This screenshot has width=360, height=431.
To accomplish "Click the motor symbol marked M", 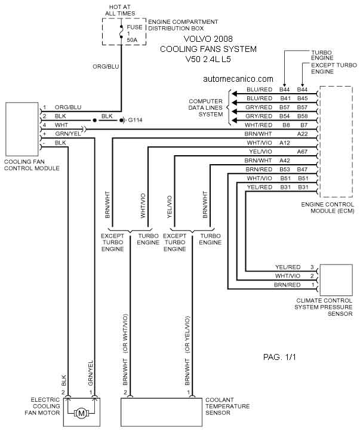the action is [81, 413].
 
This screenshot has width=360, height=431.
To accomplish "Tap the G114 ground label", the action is [135, 120].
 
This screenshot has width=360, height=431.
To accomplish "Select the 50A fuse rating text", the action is [132, 40].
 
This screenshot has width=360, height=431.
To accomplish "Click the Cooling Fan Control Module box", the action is [22, 129].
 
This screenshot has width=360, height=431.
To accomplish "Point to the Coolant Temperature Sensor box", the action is [161, 411].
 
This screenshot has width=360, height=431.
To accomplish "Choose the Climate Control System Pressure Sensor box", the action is [336, 280].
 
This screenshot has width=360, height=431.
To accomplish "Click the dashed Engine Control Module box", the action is [336, 141].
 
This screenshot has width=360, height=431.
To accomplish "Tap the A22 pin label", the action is [302, 134].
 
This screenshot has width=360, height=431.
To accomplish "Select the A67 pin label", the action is [302, 152].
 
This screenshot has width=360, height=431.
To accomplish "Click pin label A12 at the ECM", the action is [285, 143].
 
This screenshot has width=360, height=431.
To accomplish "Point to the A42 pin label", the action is [285, 161].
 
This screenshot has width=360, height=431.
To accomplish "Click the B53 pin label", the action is [285, 170].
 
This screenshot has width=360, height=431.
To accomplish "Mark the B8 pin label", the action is [287, 125].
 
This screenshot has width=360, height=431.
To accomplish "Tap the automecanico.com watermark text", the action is [238, 79].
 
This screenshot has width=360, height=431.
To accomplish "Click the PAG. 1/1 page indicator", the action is [279, 357].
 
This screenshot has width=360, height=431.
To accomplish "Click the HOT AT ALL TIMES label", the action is [120, 10].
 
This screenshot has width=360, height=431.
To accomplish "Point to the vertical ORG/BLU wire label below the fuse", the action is [106, 66].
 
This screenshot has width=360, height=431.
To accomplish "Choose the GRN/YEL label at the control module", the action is [68, 134].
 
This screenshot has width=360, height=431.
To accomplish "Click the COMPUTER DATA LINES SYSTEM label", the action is [205, 107].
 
